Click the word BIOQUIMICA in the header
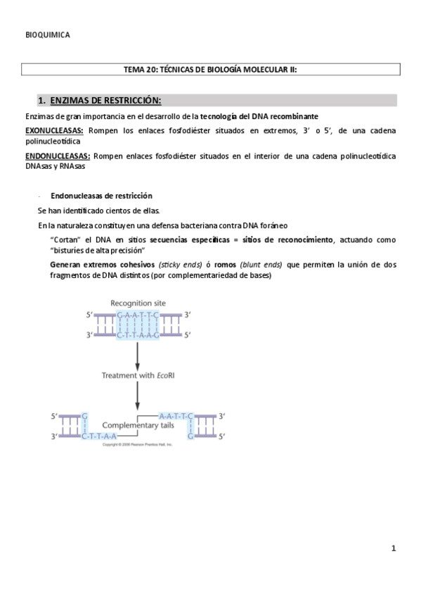(x=47, y=34)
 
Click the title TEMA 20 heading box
(x=211, y=69)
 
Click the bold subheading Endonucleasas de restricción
(x=101, y=196)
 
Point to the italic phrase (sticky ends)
(x=178, y=265)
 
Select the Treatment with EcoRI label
(x=138, y=376)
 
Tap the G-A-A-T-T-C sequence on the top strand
(x=138, y=315)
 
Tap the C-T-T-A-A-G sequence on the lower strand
(x=138, y=335)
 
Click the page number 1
(x=394, y=548)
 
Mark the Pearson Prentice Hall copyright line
(x=138, y=445)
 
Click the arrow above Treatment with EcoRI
(x=138, y=356)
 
